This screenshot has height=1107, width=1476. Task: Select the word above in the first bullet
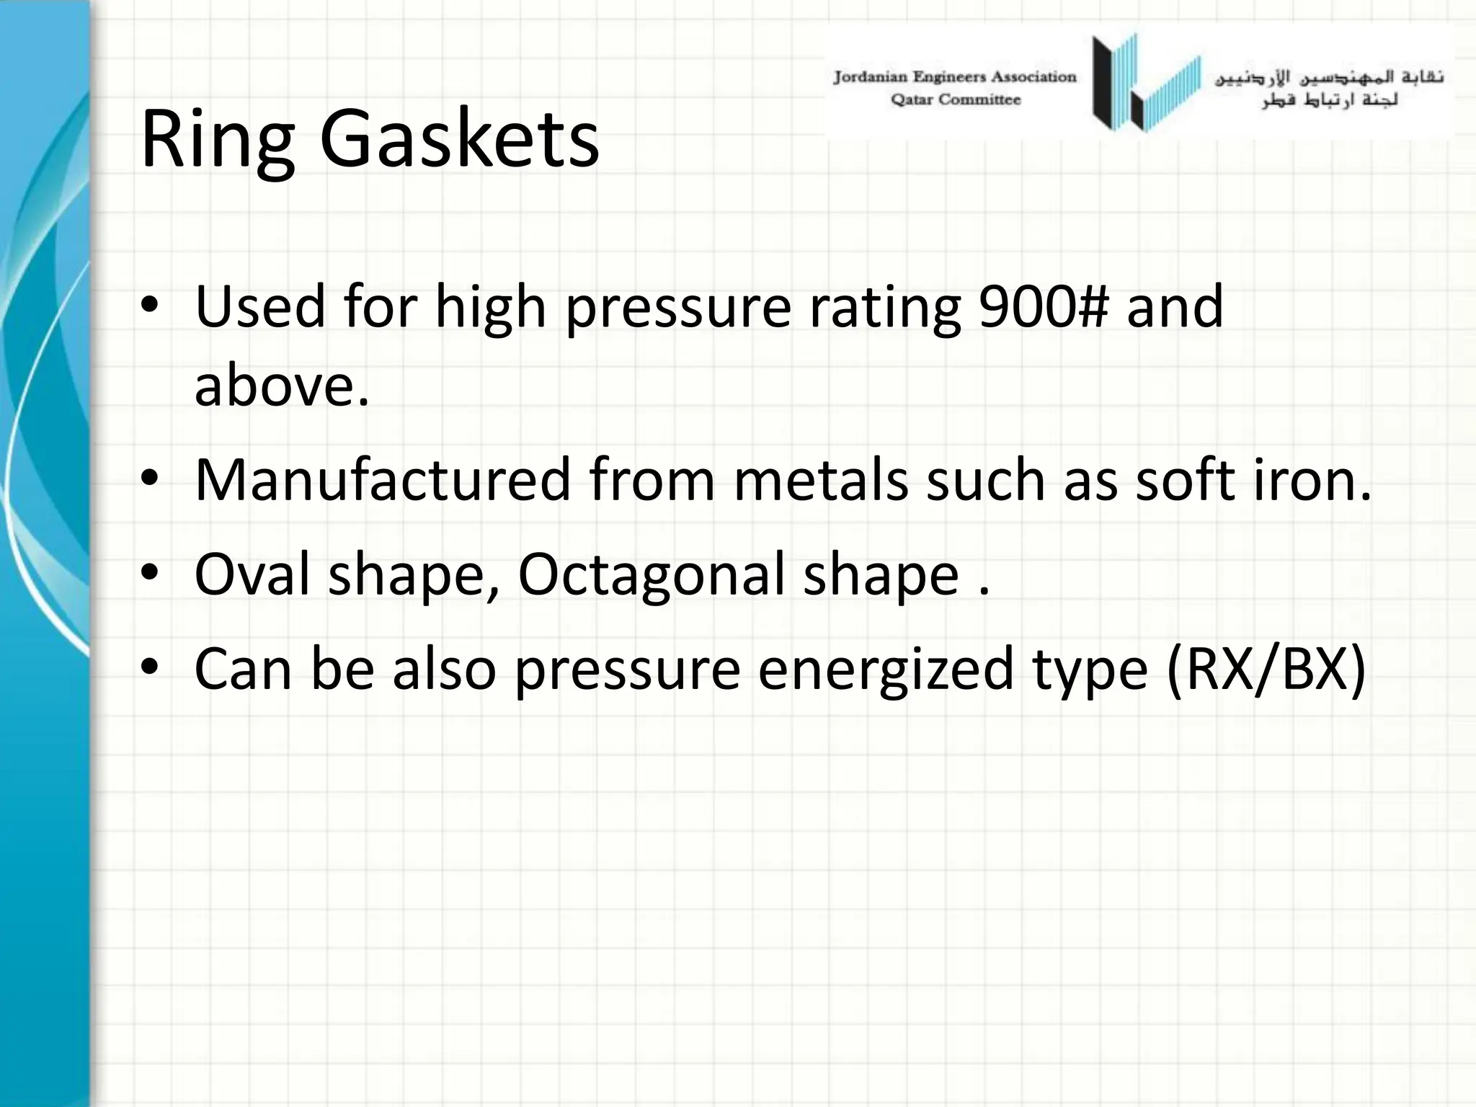tap(281, 385)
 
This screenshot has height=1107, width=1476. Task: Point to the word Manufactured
tap(383, 480)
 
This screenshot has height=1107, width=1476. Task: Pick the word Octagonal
tap(651, 574)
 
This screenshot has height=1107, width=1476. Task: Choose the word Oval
tap(252, 574)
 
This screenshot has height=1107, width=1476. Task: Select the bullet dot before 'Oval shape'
tap(149, 573)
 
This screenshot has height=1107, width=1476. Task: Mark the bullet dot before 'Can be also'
tap(149, 667)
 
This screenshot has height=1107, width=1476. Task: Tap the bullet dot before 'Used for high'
tap(149, 306)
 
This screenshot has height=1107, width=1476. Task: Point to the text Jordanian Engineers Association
tap(955, 76)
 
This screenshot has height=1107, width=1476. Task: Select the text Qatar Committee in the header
tap(956, 99)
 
